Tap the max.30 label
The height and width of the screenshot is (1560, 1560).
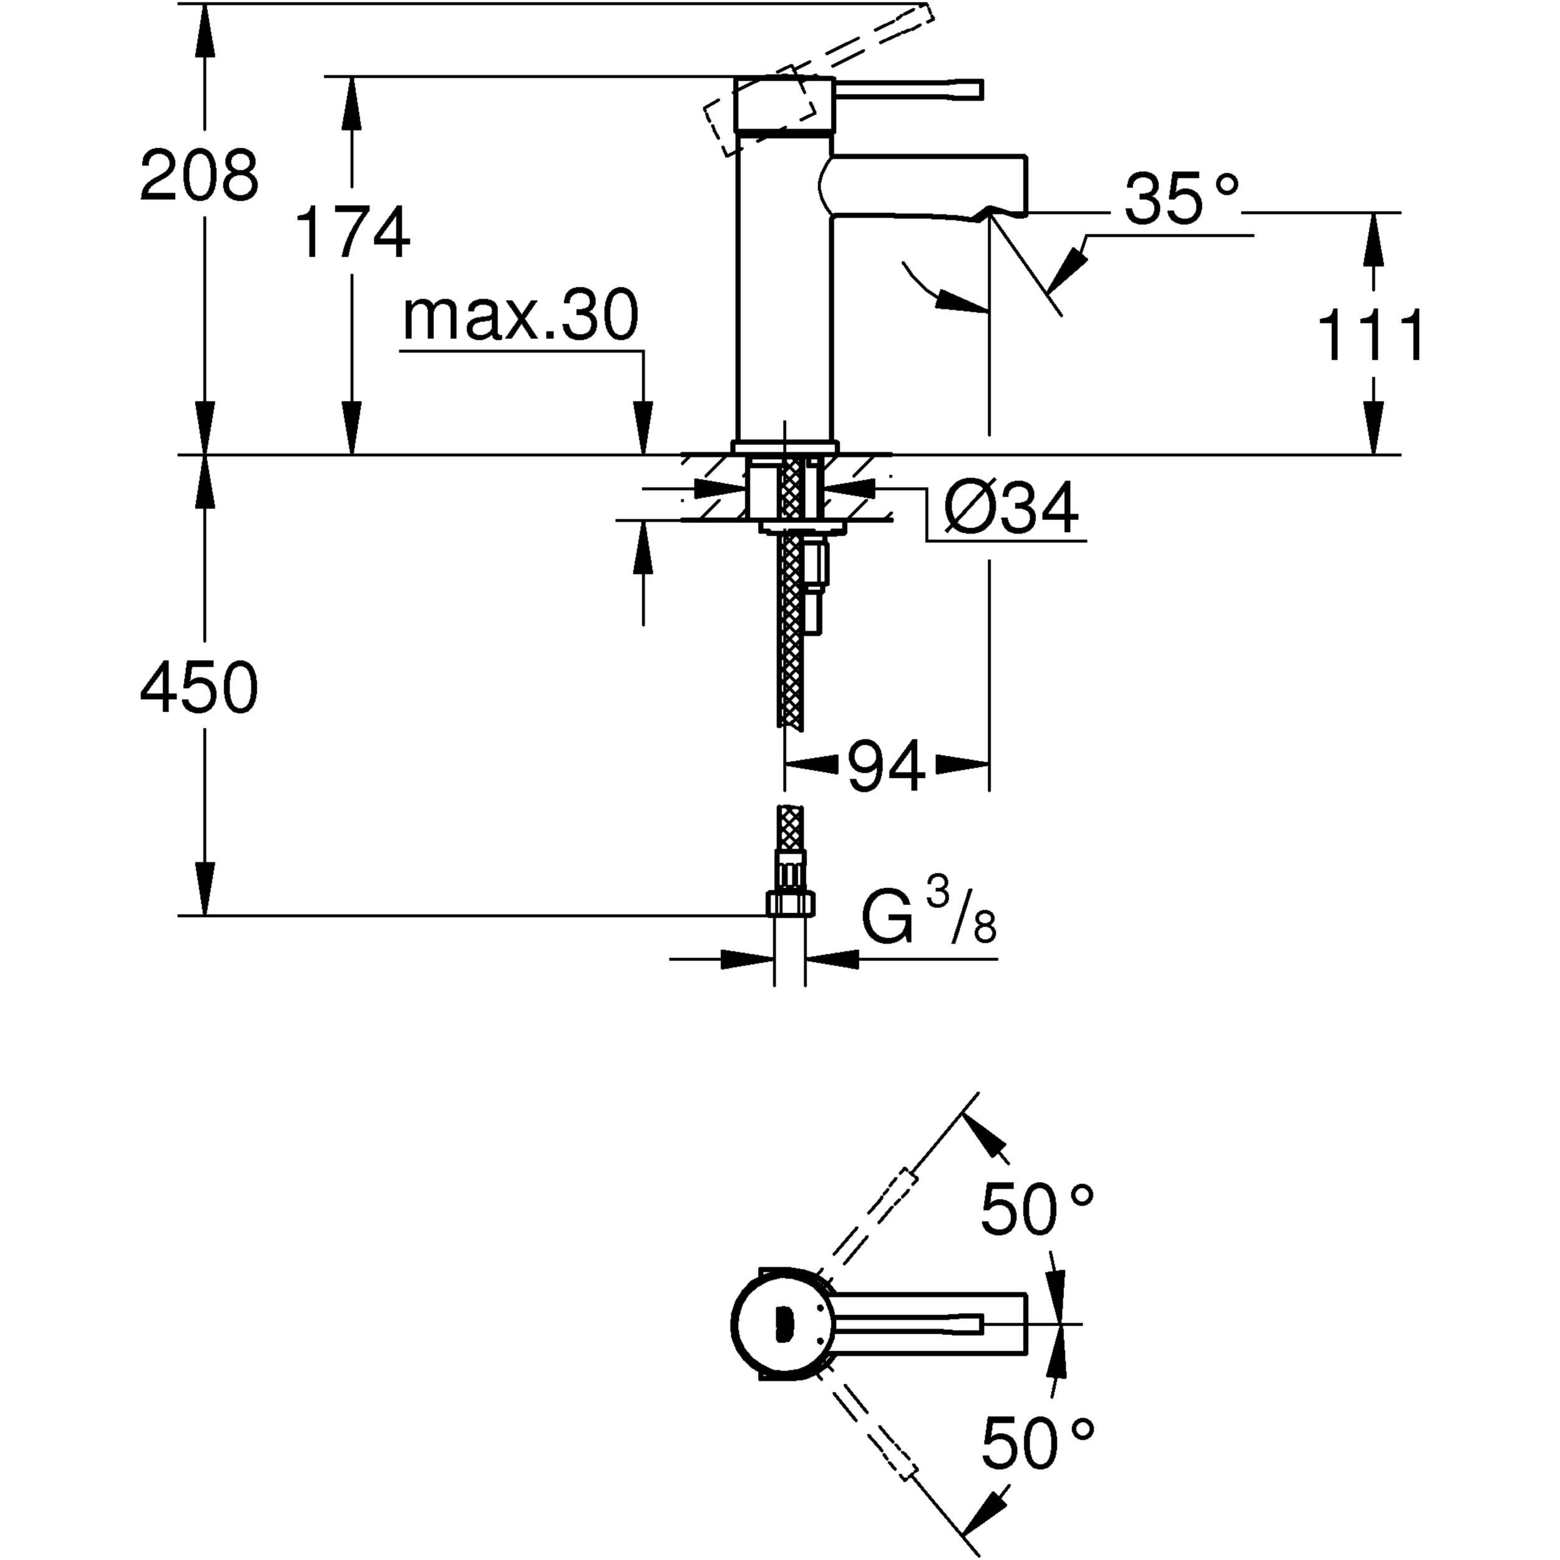click(520, 316)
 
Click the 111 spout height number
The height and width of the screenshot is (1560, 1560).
click(1371, 335)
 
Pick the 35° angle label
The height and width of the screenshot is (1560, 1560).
click(1181, 198)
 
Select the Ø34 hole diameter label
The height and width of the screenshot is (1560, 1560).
click(1011, 508)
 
